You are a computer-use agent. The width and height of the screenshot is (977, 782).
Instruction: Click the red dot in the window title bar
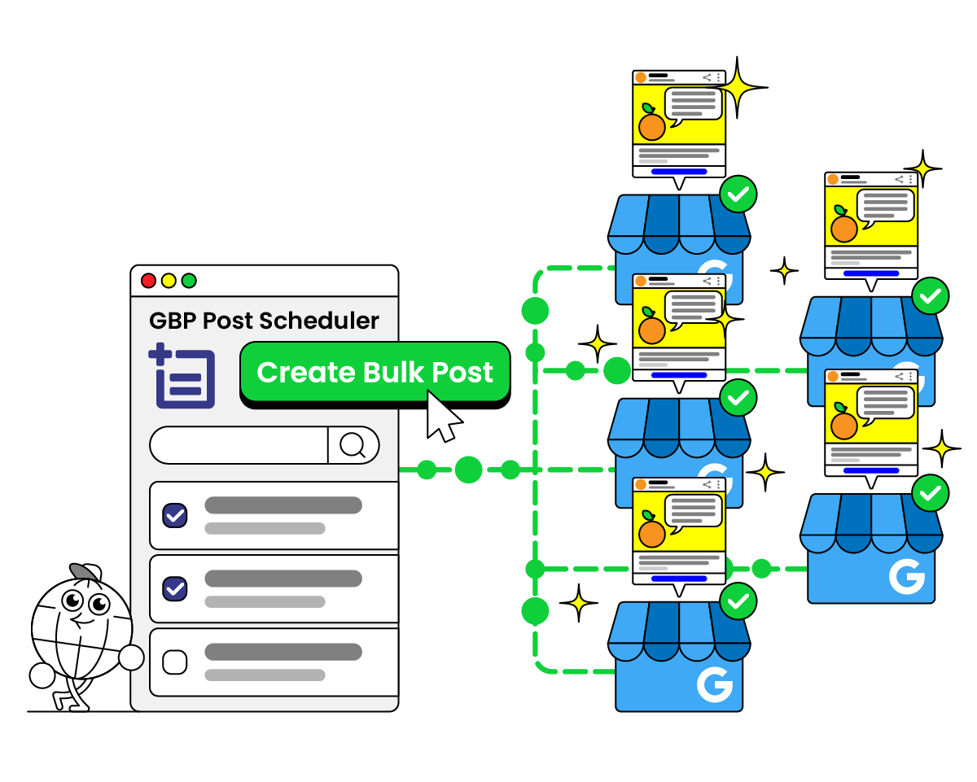148,281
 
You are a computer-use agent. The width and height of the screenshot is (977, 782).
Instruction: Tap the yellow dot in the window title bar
169,281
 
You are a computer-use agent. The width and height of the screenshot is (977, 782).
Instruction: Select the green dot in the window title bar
189,281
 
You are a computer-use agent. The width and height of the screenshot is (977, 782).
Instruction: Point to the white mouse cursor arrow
442,416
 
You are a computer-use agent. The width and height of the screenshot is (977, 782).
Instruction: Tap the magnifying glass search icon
353,445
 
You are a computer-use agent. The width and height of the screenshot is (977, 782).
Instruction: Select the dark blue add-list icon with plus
182,377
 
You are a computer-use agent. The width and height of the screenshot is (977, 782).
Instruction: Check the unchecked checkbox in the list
175,662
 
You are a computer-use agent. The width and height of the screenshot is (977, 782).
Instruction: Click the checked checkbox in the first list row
175,515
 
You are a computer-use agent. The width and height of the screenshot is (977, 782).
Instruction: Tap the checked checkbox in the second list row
175,588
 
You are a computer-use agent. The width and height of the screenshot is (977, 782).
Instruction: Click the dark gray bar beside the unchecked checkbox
283,652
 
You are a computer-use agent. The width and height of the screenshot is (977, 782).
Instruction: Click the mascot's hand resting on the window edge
130,657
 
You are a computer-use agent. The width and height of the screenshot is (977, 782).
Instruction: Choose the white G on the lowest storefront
714,684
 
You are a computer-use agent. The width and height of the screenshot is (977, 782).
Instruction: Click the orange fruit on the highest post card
651,126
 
